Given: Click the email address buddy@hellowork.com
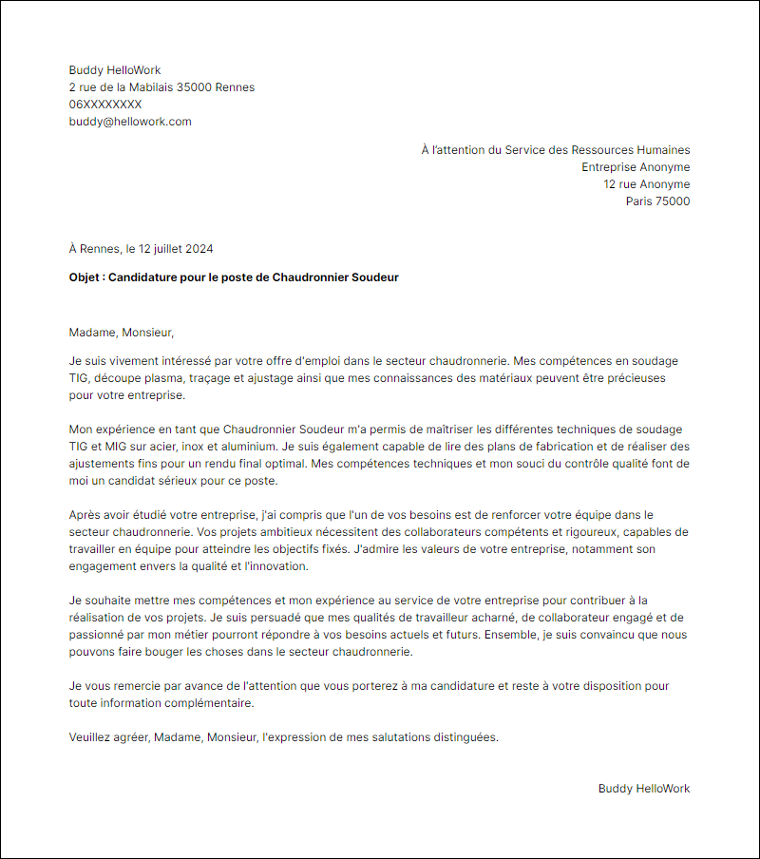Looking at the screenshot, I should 130,122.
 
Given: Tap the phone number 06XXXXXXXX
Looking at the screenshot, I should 105,105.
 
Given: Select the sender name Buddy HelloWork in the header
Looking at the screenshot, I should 115,70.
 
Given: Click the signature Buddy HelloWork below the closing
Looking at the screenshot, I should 644,789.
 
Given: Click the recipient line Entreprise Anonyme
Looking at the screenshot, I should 636,167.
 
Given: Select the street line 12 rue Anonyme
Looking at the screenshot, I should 647,184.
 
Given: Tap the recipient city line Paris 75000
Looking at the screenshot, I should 657,201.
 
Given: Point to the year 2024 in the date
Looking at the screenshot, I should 199,249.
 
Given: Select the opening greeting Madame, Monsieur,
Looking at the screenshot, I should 122,333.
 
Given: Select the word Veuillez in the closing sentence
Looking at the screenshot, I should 91,737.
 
